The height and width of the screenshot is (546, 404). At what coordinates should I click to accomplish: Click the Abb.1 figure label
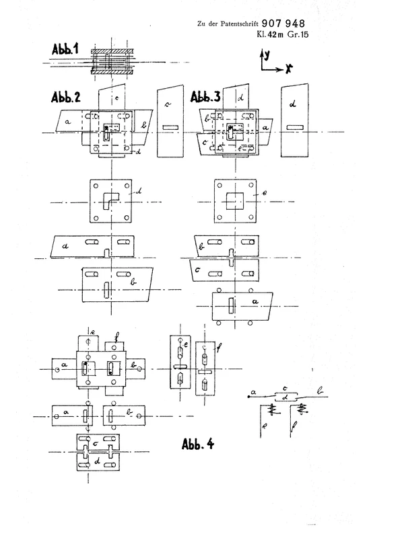65,52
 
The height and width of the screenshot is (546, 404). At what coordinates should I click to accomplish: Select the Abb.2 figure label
66,96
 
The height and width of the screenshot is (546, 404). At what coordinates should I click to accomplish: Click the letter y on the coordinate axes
267,54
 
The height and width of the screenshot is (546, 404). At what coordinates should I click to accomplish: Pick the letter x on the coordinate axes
288,69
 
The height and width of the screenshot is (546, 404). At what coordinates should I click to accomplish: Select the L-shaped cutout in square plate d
108,200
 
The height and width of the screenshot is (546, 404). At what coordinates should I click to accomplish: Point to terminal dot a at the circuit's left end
250,398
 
